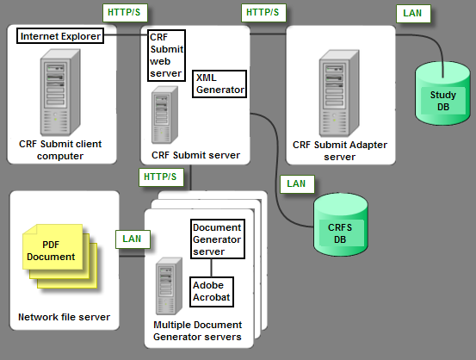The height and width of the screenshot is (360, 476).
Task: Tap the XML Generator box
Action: tap(219, 84)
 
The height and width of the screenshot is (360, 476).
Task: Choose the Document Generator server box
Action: tap(217, 239)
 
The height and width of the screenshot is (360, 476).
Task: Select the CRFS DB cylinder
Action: tap(341, 225)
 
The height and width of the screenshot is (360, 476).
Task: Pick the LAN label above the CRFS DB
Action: tap(296, 183)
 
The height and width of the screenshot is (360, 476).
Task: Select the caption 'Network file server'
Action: tap(64, 318)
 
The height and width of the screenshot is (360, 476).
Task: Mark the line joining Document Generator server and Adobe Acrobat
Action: tap(211, 268)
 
